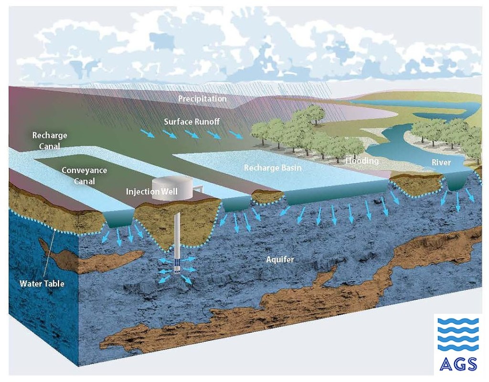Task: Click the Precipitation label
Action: coord(202,99)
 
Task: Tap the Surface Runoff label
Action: coord(191,122)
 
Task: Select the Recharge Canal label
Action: coord(50,140)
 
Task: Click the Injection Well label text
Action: coord(151,192)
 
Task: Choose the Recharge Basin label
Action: coord(273,168)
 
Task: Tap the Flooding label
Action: coord(362,161)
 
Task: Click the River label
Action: coord(441,163)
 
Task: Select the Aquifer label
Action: coord(280,260)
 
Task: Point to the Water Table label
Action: coord(42,284)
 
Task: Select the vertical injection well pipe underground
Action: coord(177,234)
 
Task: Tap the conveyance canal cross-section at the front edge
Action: coord(118,219)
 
